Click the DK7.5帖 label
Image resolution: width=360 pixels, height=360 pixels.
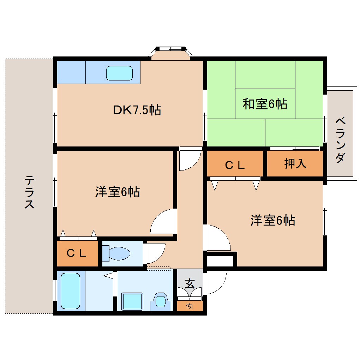pyautogui.click(x=137, y=110)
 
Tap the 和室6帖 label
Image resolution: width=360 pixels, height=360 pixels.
pyautogui.click(x=265, y=104)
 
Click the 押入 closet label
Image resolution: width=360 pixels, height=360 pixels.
pyautogui.click(x=295, y=163)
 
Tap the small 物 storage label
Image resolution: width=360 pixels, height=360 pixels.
pyautogui.click(x=190, y=306)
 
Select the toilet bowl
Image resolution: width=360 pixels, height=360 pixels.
pyautogui.click(x=118, y=253)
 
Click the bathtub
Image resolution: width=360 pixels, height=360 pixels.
pyautogui.click(x=71, y=291)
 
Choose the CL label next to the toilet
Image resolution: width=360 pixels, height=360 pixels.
pyautogui.click(x=77, y=253)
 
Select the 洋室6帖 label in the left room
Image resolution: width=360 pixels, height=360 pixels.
pyautogui.click(x=117, y=192)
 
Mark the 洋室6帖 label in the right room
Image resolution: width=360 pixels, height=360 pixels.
pyautogui.click(x=273, y=220)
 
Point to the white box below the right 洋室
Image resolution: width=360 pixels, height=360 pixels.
pyautogui.click(x=220, y=261)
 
